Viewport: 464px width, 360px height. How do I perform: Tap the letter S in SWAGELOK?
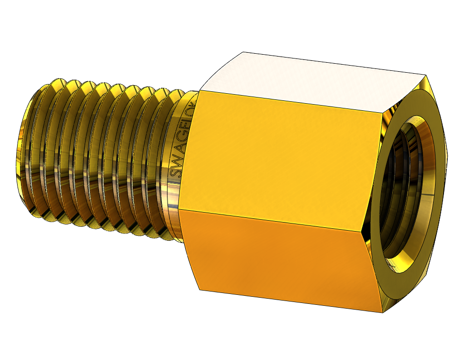pos(175,173)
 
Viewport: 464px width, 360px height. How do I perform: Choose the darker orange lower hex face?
pos(281,257)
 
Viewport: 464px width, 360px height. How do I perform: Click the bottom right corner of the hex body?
pos(383,312)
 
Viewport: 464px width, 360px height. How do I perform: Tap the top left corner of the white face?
pos(244,52)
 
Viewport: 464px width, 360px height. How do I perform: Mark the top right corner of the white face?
pos(425,75)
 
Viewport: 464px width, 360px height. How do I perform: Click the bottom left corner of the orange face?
pos(199,289)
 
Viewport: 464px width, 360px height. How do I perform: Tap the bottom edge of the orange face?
pos(290,301)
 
